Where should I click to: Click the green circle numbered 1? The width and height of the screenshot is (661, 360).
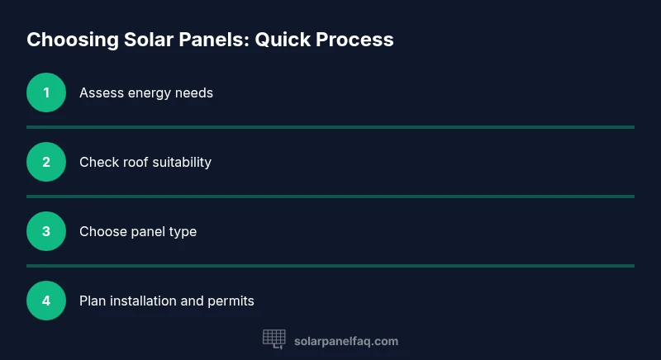coord(46,92)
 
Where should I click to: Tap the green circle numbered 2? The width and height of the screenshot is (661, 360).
coord(46,162)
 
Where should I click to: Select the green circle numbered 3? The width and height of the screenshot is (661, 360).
coord(46,231)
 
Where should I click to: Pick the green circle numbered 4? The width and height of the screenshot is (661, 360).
coord(46,301)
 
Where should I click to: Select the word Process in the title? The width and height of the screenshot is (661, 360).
coord(356,40)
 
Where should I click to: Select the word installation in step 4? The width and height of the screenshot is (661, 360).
coord(141,301)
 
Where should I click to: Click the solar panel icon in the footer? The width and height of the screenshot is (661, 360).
coord(273,339)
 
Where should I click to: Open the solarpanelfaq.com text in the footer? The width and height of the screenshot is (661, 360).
coord(346,341)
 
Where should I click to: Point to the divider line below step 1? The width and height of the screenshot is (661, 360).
coord(330,127)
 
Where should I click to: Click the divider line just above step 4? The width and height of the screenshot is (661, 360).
coord(330,266)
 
